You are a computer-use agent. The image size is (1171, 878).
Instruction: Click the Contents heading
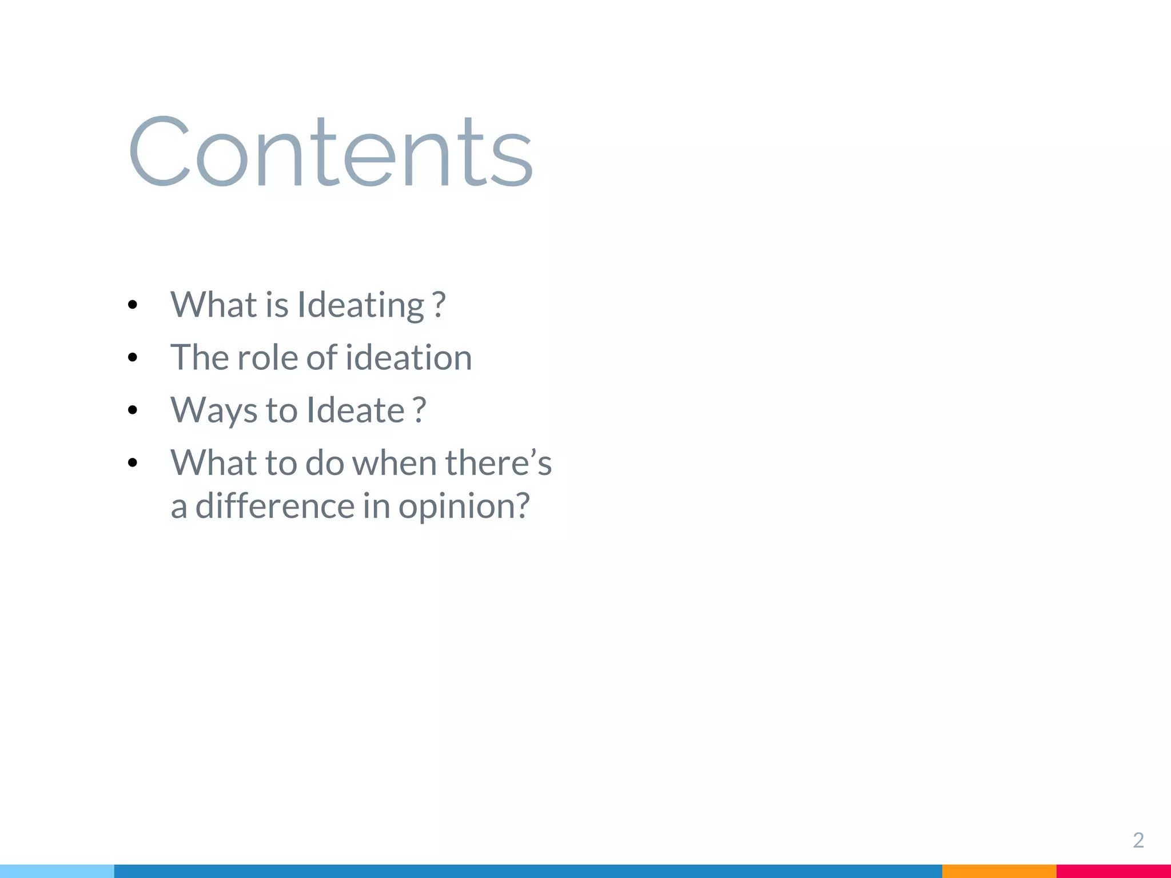pyautogui.click(x=330, y=151)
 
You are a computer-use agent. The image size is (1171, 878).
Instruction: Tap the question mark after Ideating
pyautogui.click(x=439, y=305)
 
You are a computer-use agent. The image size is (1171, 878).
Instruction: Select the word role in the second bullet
pyautogui.click(x=267, y=358)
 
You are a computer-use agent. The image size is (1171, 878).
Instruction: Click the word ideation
pyautogui.click(x=409, y=358)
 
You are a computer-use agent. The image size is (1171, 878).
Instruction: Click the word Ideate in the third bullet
pyautogui.click(x=356, y=410)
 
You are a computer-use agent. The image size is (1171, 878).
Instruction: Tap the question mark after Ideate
pyautogui.click(x=420, y=410)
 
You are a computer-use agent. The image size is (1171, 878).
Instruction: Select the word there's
pyautogui.click(x=498, y=462)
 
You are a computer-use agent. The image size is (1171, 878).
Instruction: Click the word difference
pyautogui.click(x=274, y=506)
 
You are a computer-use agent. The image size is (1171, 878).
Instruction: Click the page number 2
pyautogui.click(x=1138, y=840)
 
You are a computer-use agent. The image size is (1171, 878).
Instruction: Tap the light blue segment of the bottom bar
pyautogui.click(x=57, y=871)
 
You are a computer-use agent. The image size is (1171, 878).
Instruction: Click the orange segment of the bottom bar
pyautogui.click(x=999, y=871)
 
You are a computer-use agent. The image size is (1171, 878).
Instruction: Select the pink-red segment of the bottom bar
pyautogui.click(x=1113, y=871)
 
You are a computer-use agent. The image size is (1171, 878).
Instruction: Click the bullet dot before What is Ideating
pyautogui.click(x=133, y=305)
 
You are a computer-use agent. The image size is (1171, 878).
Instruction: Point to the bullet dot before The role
pyautogui.click(x=133, y=358)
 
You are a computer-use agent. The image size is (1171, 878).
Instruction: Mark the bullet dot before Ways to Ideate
pyautogui.click(x=133, y=410)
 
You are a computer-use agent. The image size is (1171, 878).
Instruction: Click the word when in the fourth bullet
pyautogui.click(x=394, y=462)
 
